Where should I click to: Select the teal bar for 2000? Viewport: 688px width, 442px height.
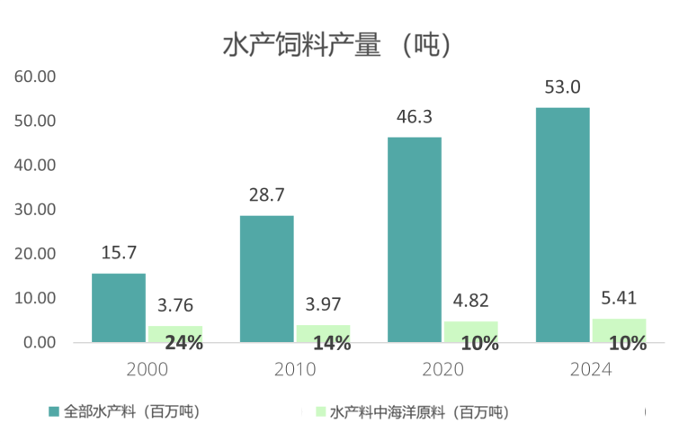(119, 307)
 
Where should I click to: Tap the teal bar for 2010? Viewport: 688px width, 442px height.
(266, 278)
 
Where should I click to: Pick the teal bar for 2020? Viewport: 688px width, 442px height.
(415, 239)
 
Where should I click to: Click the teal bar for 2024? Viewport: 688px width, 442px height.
(563, 225)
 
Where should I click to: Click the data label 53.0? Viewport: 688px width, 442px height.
(563, 87)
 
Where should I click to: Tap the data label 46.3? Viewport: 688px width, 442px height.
(415, 117)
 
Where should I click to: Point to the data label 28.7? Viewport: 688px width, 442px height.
(266, 194)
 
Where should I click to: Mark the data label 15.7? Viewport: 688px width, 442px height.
(119, 252)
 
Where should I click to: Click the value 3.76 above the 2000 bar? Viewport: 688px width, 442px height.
(174, 305)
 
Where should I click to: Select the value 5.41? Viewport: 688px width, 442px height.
(619, 298)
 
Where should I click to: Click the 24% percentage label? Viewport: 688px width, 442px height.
(183, 342)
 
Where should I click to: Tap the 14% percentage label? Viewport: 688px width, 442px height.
(331, 343)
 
